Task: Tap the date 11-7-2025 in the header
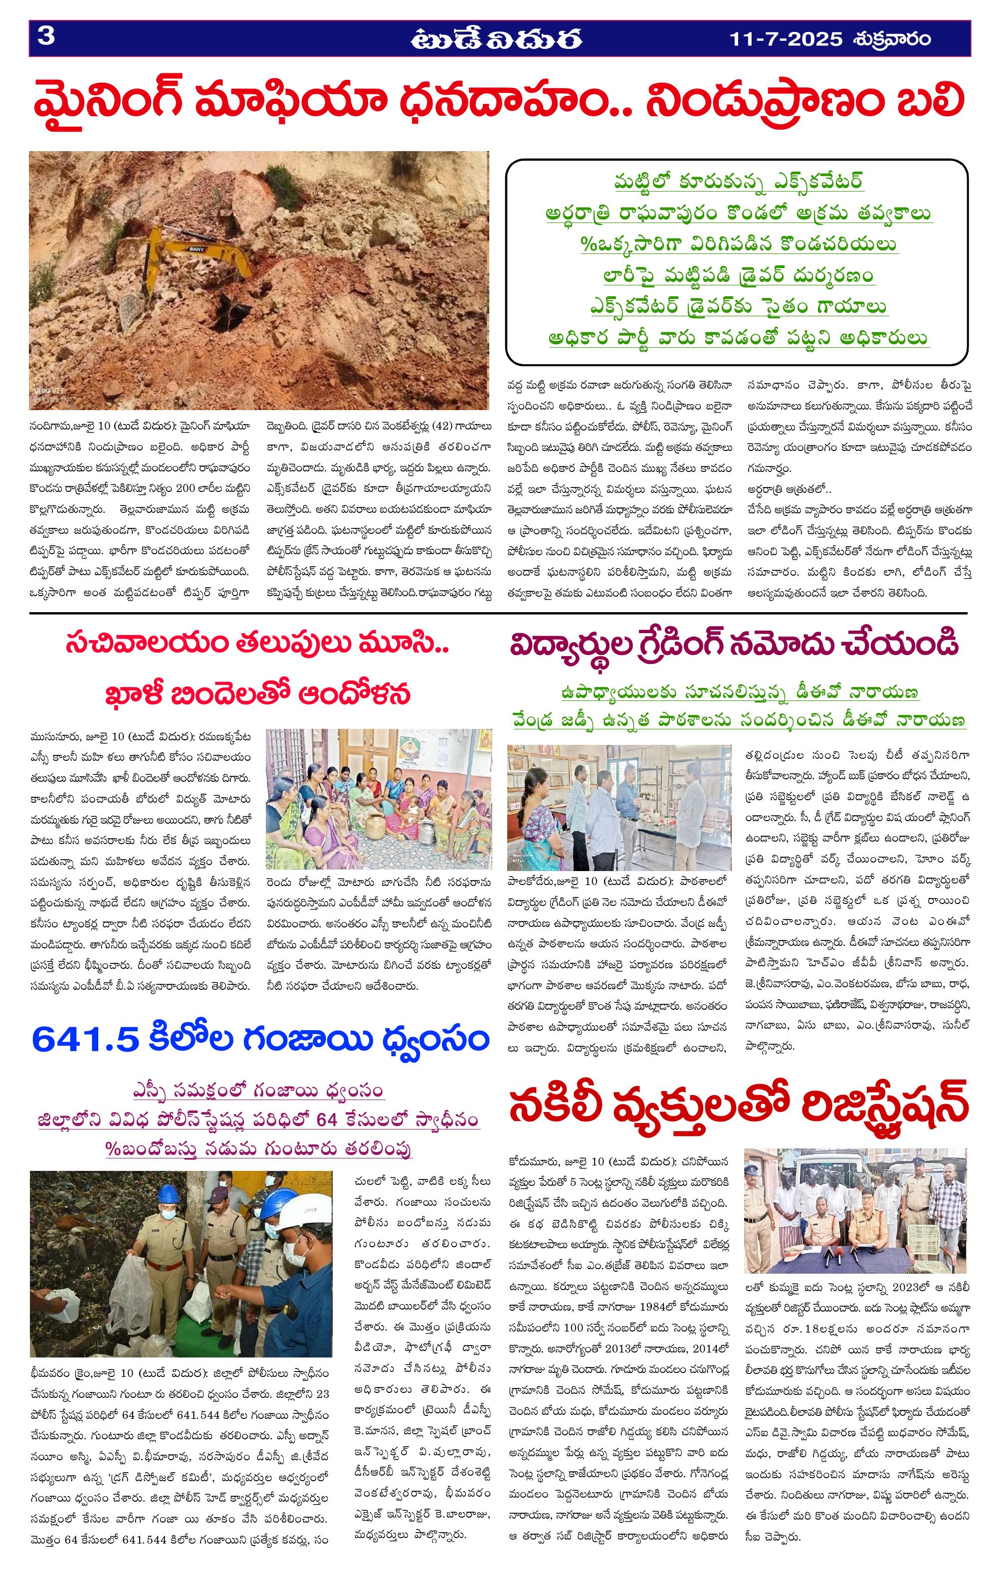pyautogui.click(x=786, y=39)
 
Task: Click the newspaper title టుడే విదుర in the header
pyautogui.click(x=496, y=39)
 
